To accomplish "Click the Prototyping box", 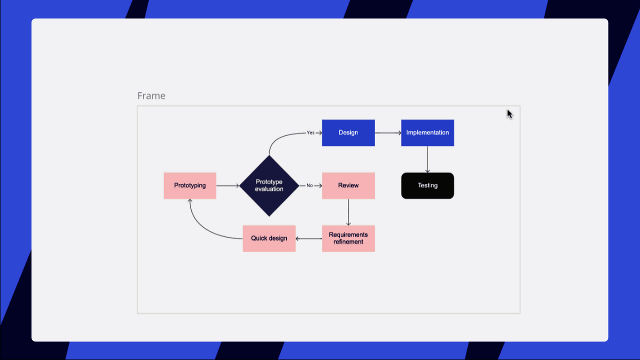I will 190,185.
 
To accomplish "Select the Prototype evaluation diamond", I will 269,185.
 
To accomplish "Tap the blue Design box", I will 348,132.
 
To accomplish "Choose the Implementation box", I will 427,132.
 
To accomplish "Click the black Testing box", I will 427,185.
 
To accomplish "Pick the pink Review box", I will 348,185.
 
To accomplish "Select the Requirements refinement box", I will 348,238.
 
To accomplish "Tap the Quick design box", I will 269,238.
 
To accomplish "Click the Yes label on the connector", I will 310,133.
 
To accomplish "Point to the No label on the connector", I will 309,185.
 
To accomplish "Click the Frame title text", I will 151,95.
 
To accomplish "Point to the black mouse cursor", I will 509,114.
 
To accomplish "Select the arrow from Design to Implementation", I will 388,132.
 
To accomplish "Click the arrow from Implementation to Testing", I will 427,159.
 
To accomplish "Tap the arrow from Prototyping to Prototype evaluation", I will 228,185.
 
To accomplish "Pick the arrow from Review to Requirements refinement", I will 348,212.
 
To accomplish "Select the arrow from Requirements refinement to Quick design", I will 309,238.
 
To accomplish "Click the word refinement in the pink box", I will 348,242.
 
